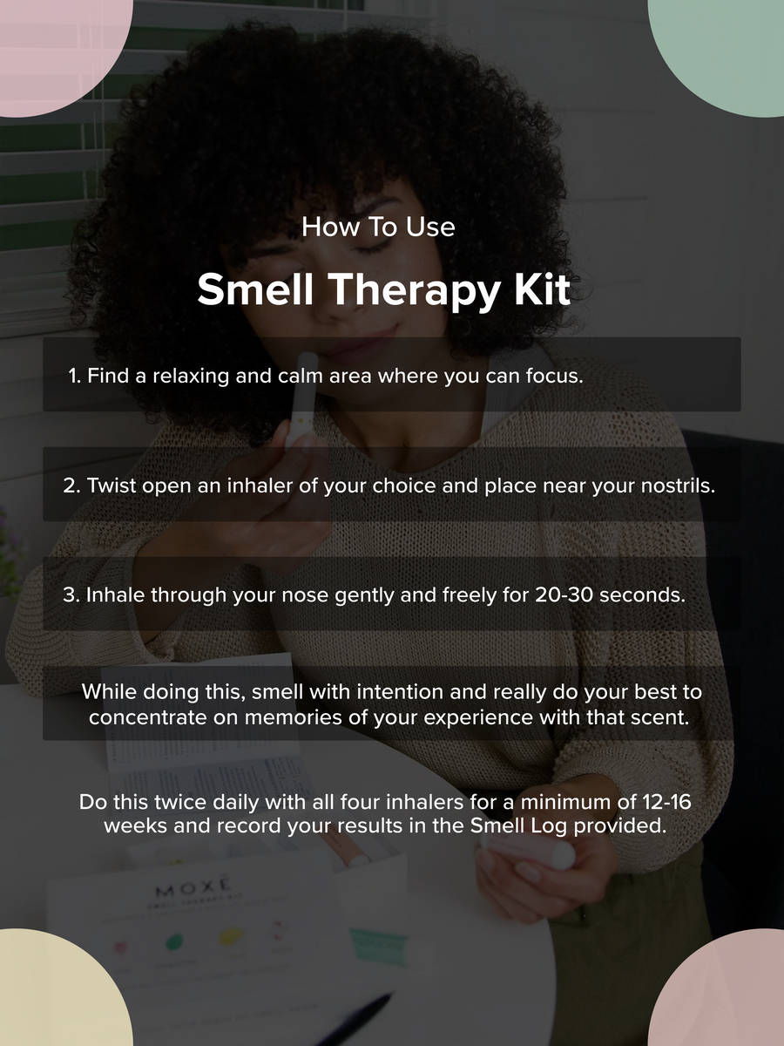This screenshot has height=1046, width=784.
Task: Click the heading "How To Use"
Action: tap(378, 228)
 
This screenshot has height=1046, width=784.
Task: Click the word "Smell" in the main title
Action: tap(253, 290)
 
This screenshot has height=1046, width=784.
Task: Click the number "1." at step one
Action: tap(75, 377)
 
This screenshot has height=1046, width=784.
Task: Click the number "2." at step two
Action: tap(72, 486)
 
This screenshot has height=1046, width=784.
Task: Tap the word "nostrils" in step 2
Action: tap(678, 486)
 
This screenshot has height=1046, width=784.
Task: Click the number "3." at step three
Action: tap(72, 594)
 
